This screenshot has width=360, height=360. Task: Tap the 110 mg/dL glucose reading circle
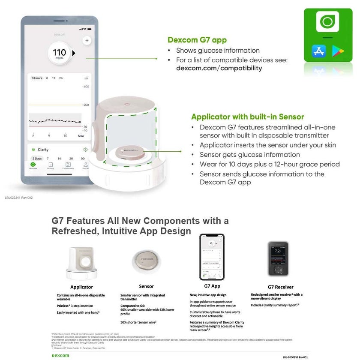(59, 53)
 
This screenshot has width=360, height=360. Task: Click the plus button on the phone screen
(87, 40)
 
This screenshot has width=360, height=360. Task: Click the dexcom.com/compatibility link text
(219, 68)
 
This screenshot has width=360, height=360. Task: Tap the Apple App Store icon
(319, 51)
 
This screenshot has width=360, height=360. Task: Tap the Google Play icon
(338, 51)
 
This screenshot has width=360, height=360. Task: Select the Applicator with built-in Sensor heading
(247, 117)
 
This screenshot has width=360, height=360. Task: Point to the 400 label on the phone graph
(86, 87)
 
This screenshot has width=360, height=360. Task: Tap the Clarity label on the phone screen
(43, 150)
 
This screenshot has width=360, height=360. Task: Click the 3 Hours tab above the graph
(36, 78)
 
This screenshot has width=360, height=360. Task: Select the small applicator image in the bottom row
(81, 262)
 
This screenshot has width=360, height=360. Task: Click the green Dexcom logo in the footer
(60, 355)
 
